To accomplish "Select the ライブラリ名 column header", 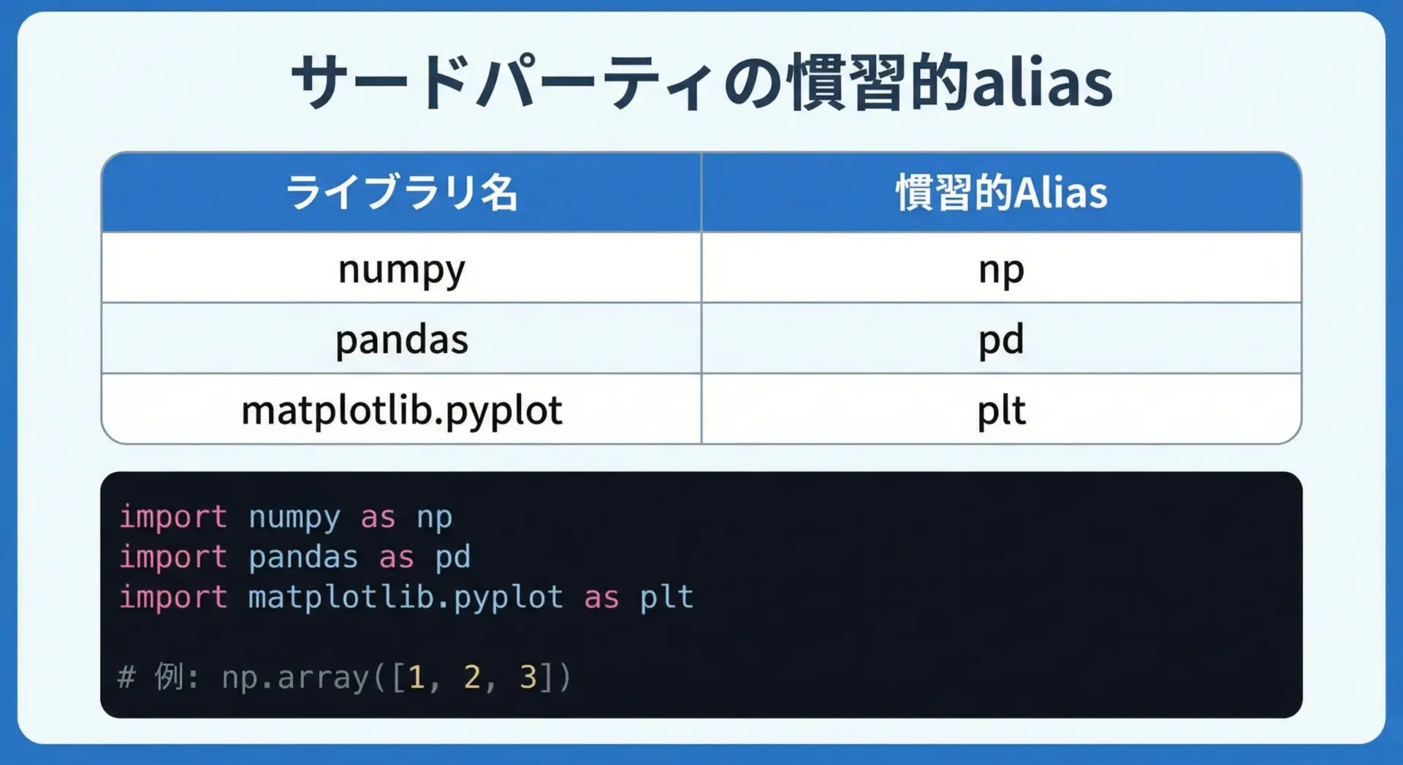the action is tap(401, 193).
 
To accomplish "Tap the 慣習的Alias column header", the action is tap(1002, 193).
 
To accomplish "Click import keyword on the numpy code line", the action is tap(173, 517).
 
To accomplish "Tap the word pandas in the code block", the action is tap(303, 557).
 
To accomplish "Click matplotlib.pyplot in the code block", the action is tap(406, 598).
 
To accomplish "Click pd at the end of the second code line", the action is tap(453, 557).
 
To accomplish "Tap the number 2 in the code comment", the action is tap(472, 677).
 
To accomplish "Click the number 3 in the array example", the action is tap(528, 677).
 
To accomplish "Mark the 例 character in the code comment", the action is tap(169, 677).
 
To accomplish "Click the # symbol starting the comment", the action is tap(126, 677).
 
